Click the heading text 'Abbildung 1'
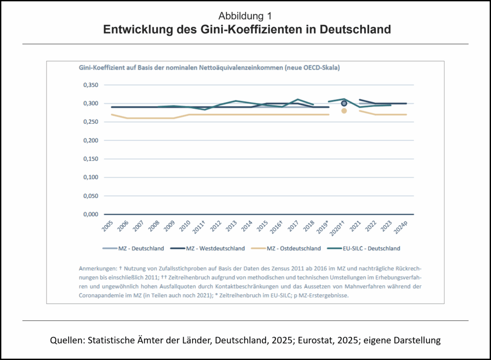tap(245, 16)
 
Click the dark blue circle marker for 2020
tap(344, 104)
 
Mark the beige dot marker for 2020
tap(344, 111)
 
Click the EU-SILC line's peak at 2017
tap(298, 100)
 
